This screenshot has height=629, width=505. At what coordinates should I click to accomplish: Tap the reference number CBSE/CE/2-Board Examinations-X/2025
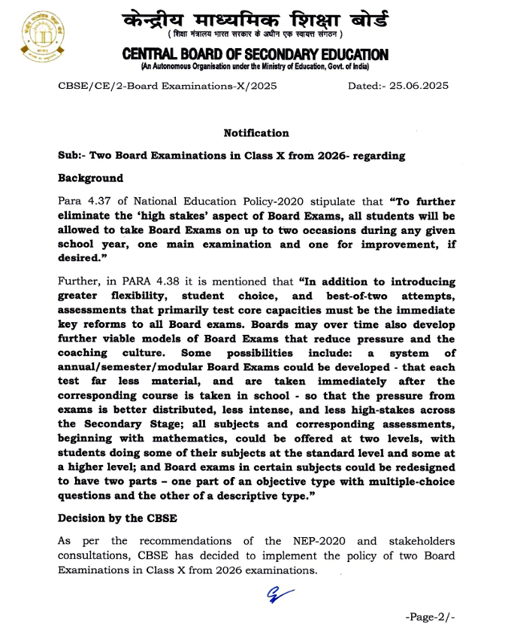pyautogui.click(x=168, y=86)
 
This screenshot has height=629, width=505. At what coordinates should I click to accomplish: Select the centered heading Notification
pyautogui.click(x=256, y=133)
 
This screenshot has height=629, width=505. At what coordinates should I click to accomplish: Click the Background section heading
pyautogui.click(x=90, y=179)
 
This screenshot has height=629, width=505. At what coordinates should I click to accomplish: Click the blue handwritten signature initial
pyautogui.click(x=279, y=594)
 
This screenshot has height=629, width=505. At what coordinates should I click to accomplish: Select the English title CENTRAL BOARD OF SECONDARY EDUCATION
pyautogui.click(x=256, y=54)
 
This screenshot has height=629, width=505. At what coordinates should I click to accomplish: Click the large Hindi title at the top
pyautogui.click(x=256, y=16)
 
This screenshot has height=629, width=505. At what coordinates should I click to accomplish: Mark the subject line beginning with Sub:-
pyautogui.click(x=231, y=156)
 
